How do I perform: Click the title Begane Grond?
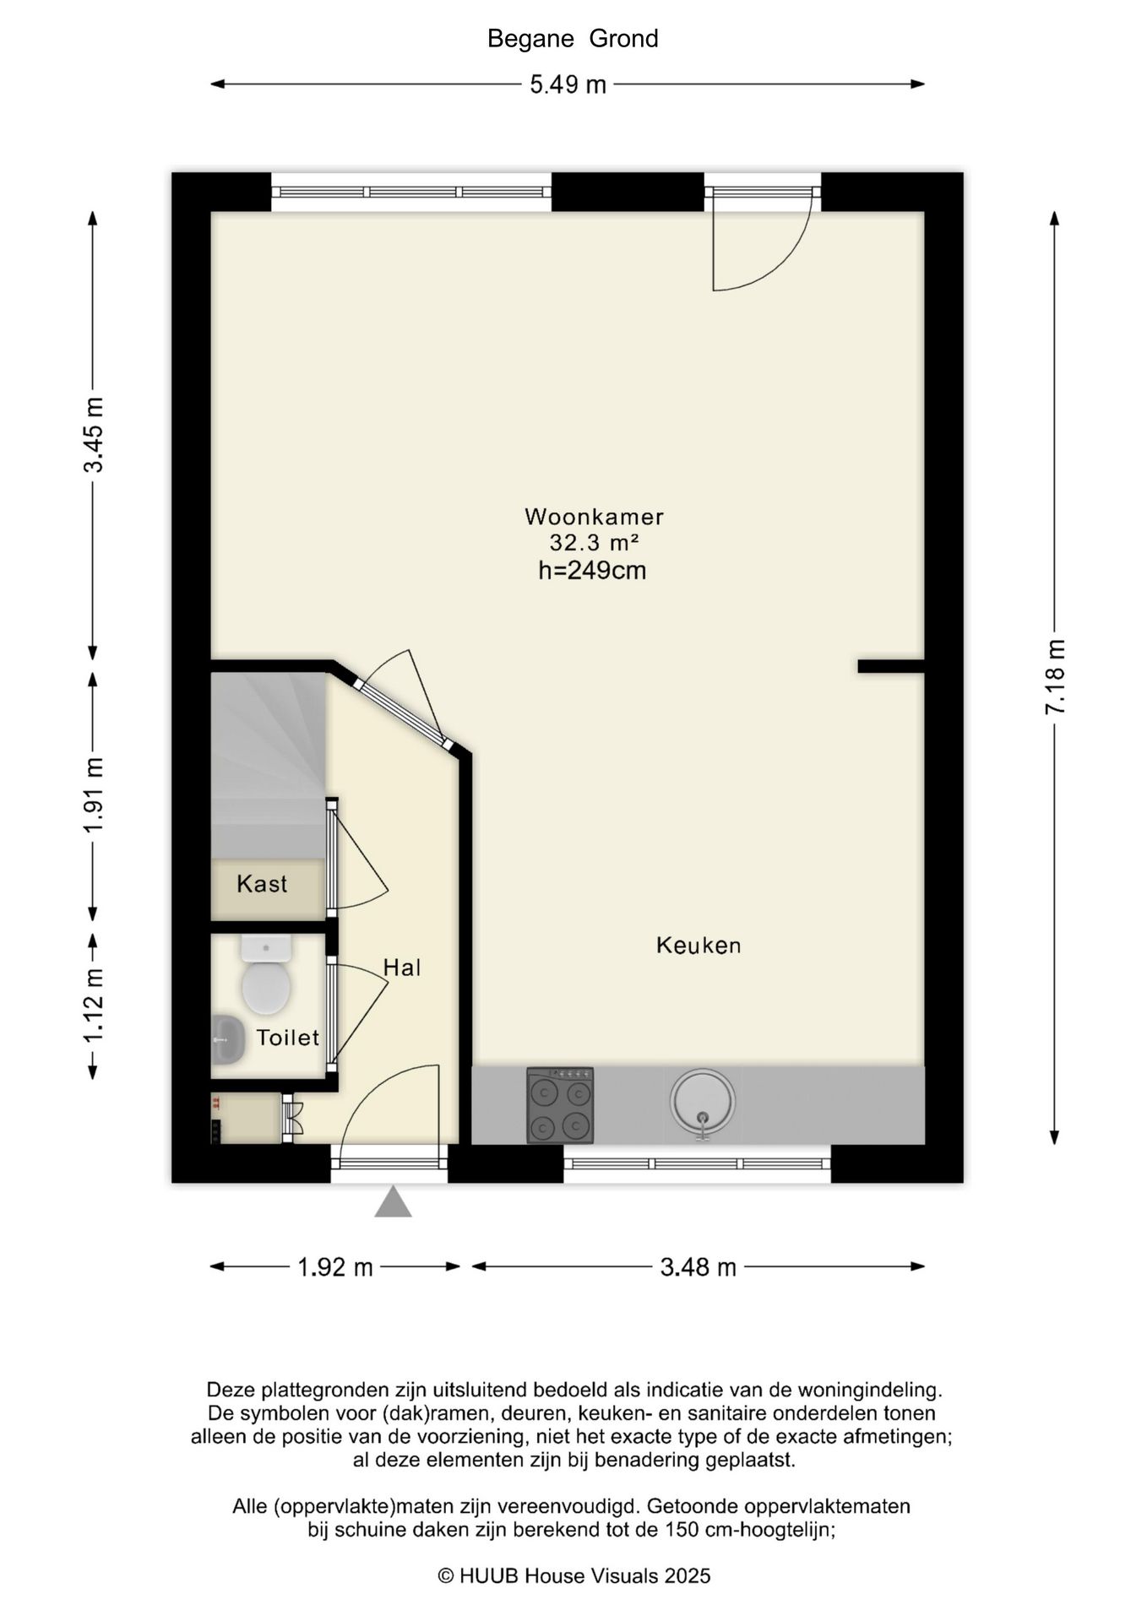[573, 39]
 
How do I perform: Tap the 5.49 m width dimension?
[568, 84]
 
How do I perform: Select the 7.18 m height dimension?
[1055, 676]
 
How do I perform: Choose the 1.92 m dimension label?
[335, 1267]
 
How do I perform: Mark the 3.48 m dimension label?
[699, 1267]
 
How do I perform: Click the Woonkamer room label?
[594, 516]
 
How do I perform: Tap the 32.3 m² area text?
[594, 542]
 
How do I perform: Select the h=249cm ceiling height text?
[592, 571]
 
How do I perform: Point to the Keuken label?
[699, 945]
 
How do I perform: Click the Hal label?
[402, 968]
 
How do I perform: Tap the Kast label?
[262, 884]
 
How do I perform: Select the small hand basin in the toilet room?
[227, 1038]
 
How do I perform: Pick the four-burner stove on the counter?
[560, 1105]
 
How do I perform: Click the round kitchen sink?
[703, 1102]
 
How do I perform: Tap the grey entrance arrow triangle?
[393, 1201]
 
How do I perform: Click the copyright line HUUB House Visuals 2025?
[574, 1575]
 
